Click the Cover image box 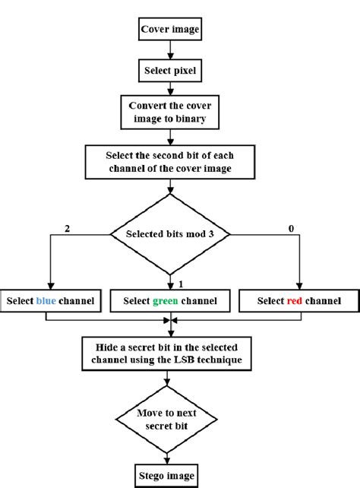coord(169,31)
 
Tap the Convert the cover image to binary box coord(170,112)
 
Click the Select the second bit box coord(169,160)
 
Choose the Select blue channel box coord(50,301)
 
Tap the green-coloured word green coord(166,301)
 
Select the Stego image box coord(170,477)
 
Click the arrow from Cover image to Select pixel coord(170,51)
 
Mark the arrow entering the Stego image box coord(170,456)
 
